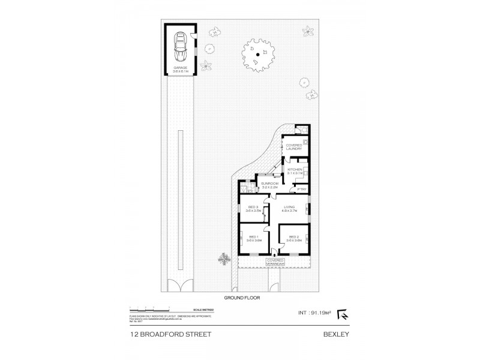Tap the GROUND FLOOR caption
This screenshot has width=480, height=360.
pos(240,296)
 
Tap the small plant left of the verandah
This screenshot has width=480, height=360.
pos(224,259)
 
